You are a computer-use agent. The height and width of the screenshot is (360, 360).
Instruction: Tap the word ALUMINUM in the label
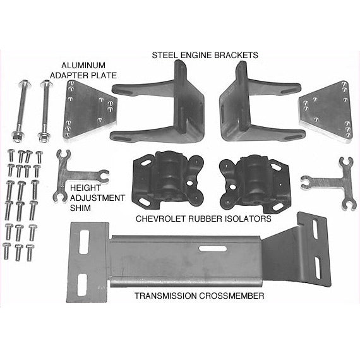(83, 66)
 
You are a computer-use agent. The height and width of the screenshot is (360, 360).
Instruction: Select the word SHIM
(80, 208)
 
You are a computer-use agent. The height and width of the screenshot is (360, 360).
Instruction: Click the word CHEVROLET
(160, 219)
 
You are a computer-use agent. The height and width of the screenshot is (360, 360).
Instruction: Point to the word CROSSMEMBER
(231, 296)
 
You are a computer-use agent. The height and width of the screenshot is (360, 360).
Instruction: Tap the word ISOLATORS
(248, 219)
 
